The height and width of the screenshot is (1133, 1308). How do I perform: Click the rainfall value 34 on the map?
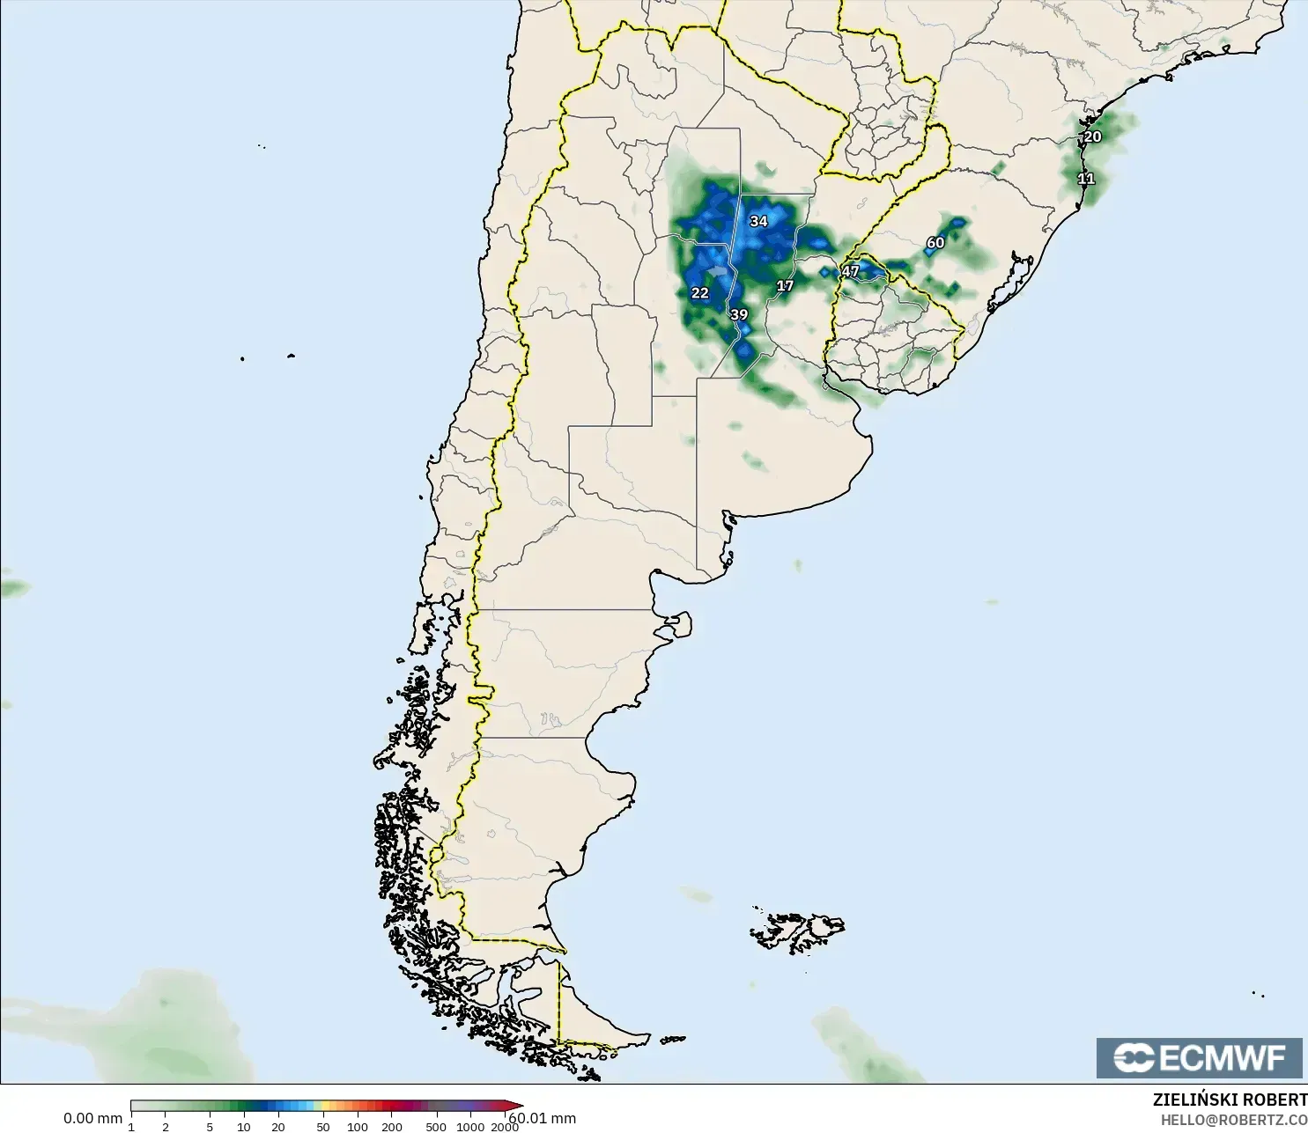(758, 221)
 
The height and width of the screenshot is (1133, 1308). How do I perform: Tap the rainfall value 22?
(700, 293)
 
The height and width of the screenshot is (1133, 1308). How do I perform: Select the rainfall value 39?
(739, 314)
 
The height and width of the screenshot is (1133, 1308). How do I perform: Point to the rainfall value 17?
(785, 285)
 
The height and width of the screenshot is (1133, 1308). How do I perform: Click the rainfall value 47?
(850, 271)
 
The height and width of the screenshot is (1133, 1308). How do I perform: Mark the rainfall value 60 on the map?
(935, 243)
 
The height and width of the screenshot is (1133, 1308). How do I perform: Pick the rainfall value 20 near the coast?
(1092, 136)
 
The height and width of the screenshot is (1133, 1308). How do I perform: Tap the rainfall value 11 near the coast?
(1086, 179)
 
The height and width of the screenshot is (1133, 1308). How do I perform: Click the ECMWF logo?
(1199, 1057)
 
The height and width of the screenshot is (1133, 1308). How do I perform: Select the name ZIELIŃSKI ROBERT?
(1230, 1100)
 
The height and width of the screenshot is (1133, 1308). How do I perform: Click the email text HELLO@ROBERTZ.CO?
(1233, 1120)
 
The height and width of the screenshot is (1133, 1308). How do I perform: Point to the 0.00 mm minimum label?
(92, 1118)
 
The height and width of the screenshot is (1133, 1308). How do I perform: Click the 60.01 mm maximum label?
(543, 1118)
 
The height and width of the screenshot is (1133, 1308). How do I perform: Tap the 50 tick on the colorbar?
(323, 1127)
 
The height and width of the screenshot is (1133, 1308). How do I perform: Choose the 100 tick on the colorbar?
(358, 1127)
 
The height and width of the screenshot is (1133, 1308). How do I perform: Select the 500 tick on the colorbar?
(435, 1127)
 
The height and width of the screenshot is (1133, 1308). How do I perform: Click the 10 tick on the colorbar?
(244, 1127)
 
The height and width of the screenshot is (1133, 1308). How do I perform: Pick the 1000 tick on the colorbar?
(470, 1127)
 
